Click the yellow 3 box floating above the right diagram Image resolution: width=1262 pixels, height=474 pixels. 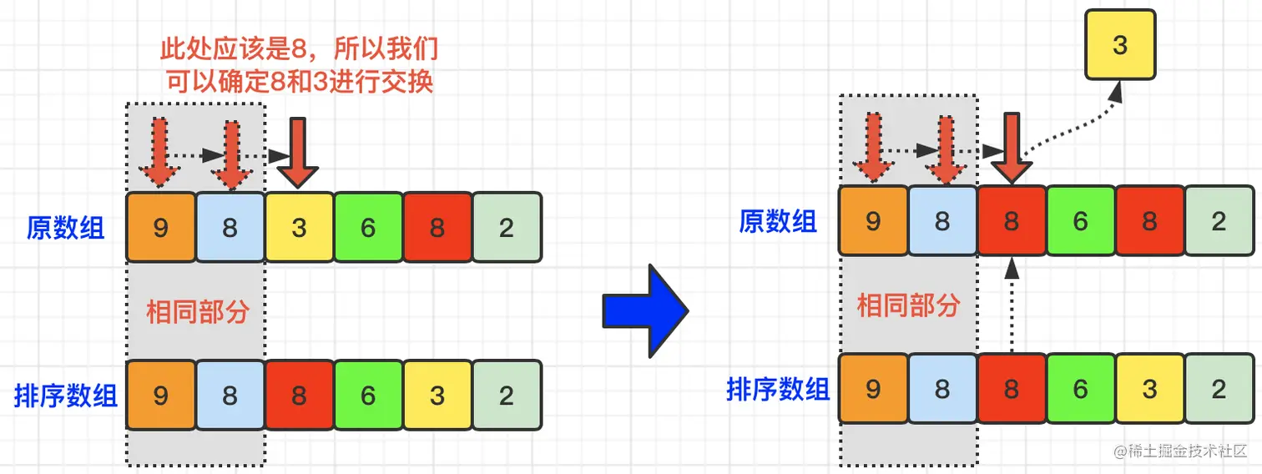click(x=1120, y=45)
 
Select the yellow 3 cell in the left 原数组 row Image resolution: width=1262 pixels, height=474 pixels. click(x=300, y=228)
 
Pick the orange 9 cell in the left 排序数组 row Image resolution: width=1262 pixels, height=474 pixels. click(x=161, y=395)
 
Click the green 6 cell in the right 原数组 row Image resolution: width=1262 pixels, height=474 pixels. click(x=1081, y=221)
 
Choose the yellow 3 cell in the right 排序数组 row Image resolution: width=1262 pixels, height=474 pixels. click(x=1150, y=388)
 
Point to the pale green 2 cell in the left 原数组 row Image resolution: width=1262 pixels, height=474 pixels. click(x=507, y=228)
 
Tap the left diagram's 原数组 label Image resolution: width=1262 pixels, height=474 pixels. click(x=66, y=228)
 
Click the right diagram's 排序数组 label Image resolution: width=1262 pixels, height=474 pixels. click(x=778, y=389)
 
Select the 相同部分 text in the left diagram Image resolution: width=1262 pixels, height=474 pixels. click(x=198, y=312)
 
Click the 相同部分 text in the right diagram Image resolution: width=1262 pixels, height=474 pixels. click(x=909, y=305)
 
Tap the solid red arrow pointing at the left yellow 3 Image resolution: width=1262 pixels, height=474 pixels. click(x=297, y=153)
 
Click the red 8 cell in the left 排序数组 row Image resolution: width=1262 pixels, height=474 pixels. click(x=300, y=395)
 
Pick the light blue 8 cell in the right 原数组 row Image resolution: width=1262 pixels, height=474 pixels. click(x=942, y=221)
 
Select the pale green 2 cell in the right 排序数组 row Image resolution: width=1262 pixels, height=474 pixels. click(x=1219, y=388)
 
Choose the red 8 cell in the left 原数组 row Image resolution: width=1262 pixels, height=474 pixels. click(x=437, y=228)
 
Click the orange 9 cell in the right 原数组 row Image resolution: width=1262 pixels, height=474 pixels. click(x=873, y=221)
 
